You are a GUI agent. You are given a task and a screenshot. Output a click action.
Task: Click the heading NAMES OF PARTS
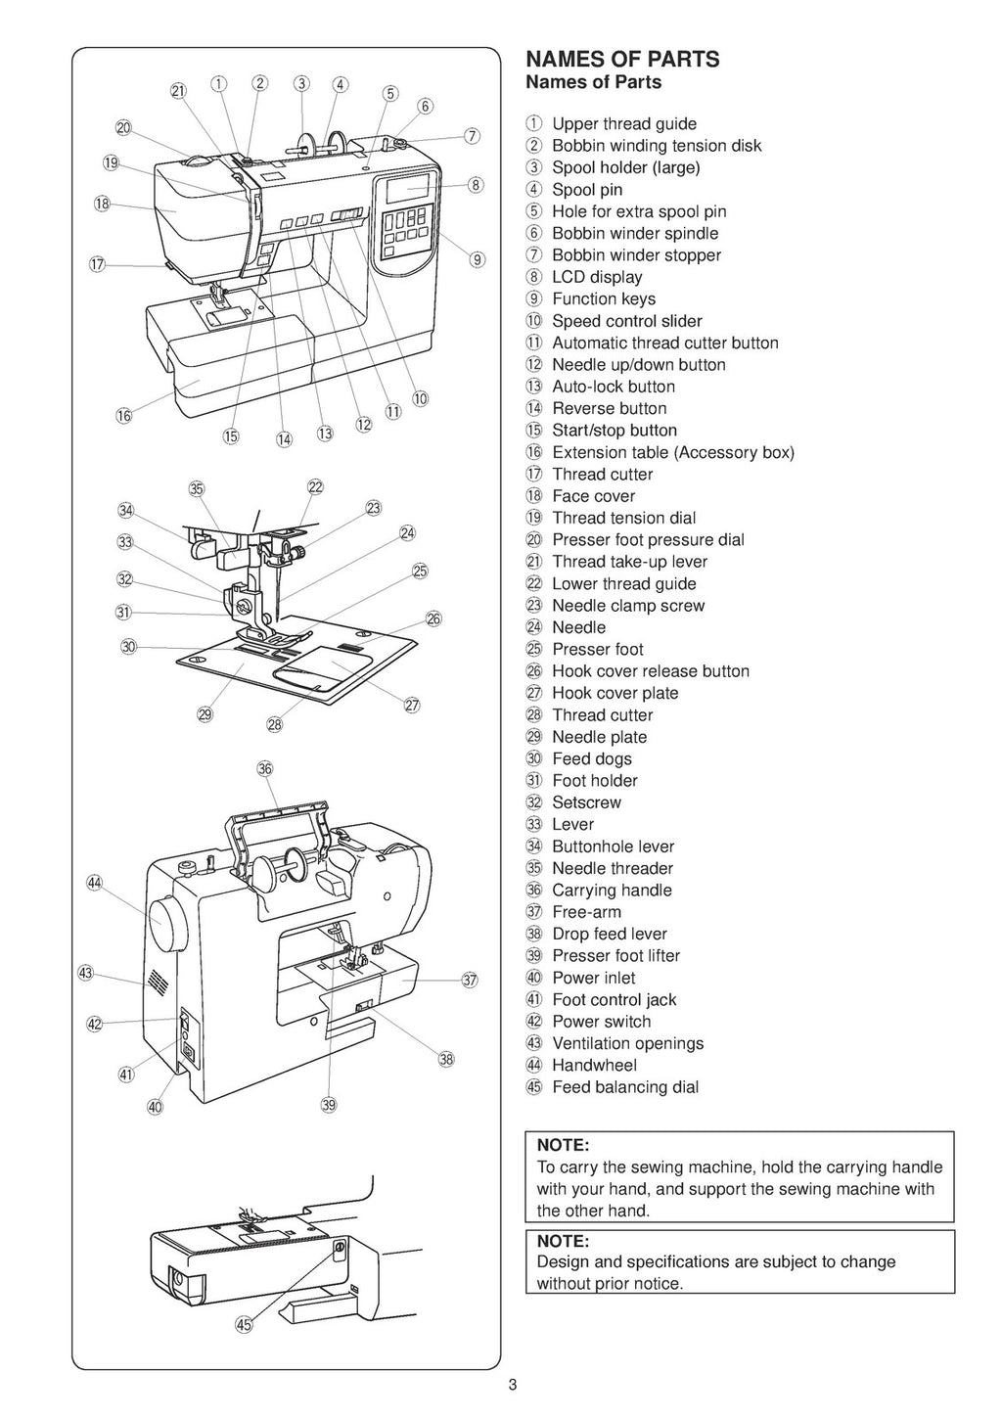point(622,60)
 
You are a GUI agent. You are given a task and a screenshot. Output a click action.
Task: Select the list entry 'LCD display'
point(597,277)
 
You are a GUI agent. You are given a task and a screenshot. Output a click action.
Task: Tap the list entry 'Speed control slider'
point(626,321)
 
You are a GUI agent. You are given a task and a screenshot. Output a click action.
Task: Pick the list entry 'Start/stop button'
point(614,431)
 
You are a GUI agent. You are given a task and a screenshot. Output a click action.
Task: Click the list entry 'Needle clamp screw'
point(627,606)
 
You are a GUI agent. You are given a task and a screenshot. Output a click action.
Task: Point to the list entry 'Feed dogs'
point(591,758)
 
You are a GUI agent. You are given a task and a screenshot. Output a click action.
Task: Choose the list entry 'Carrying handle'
point(612,890)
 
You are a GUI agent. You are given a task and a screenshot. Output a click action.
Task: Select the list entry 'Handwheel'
point(594,1065)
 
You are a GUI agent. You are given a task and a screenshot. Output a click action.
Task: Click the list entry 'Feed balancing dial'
point(624,1087)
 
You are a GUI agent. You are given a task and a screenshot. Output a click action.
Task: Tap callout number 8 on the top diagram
point(476,184)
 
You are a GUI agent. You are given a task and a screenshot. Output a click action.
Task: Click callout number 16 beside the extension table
point(124,416)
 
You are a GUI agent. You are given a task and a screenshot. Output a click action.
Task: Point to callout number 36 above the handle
point(265,768)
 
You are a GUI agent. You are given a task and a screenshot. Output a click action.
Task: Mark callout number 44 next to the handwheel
point(95,883)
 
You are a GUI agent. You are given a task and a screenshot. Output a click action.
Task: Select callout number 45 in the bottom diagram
point(244,1326)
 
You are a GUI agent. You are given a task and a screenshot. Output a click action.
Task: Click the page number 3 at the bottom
point(512,1385)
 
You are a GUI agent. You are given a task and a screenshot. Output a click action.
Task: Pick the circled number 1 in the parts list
point(532,124)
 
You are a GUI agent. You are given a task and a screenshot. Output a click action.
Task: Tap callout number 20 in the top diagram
point(123,128)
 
